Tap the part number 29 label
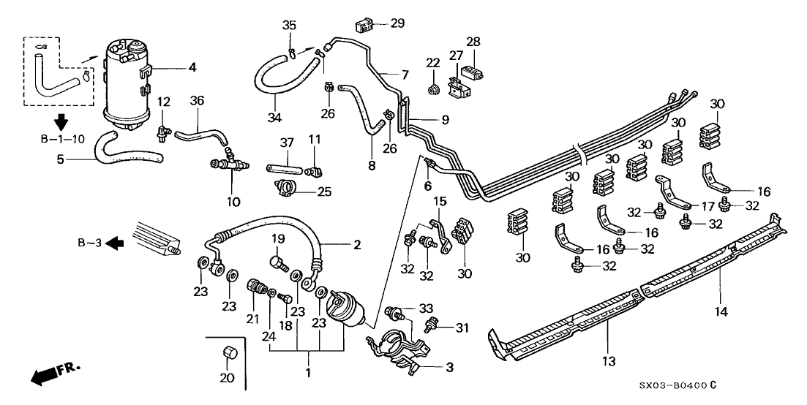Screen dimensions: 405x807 point(397,23)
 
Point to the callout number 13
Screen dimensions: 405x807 point(609,361)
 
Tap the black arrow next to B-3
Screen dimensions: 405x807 point(113,243)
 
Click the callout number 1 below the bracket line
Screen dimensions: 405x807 point(309,374)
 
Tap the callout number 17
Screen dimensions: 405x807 point(708,206)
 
